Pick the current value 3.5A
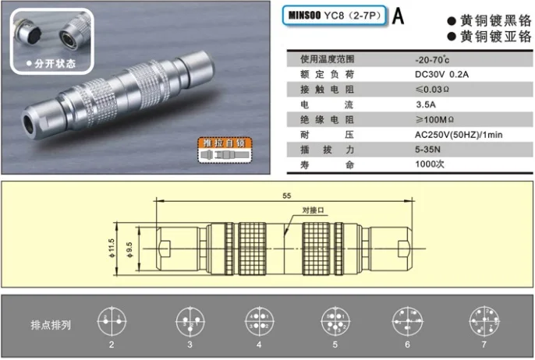(427, 105)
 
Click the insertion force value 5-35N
(430, 150)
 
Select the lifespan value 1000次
(431, 164)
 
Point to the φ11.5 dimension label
(112, 248)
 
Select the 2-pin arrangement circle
(111, 322)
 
